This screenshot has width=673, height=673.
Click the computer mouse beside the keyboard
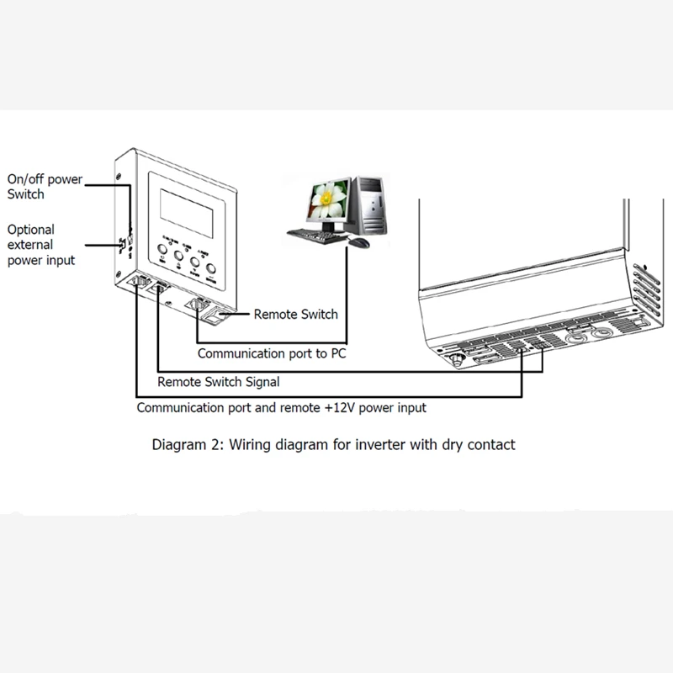click(358, 242)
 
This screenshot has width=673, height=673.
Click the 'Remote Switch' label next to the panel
click(295, 314)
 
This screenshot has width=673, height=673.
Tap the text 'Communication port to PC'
click(271, 354)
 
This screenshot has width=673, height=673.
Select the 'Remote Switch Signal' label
click(219, 382)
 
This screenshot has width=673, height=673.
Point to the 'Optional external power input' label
click(40, 245)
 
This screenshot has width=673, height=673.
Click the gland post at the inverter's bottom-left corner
click(458, 357)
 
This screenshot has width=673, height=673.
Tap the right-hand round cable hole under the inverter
click(601, 334)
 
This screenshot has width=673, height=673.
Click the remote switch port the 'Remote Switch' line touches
click(215, 318)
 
